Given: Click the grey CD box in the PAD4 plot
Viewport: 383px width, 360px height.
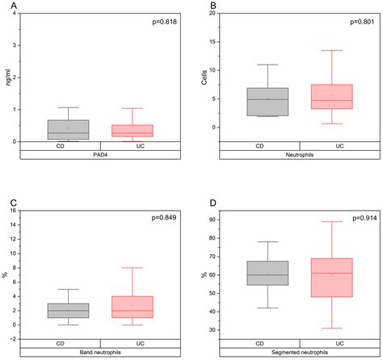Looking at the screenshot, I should coord(57,130).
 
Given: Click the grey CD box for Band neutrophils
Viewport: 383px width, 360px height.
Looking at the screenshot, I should coord(57,311).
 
